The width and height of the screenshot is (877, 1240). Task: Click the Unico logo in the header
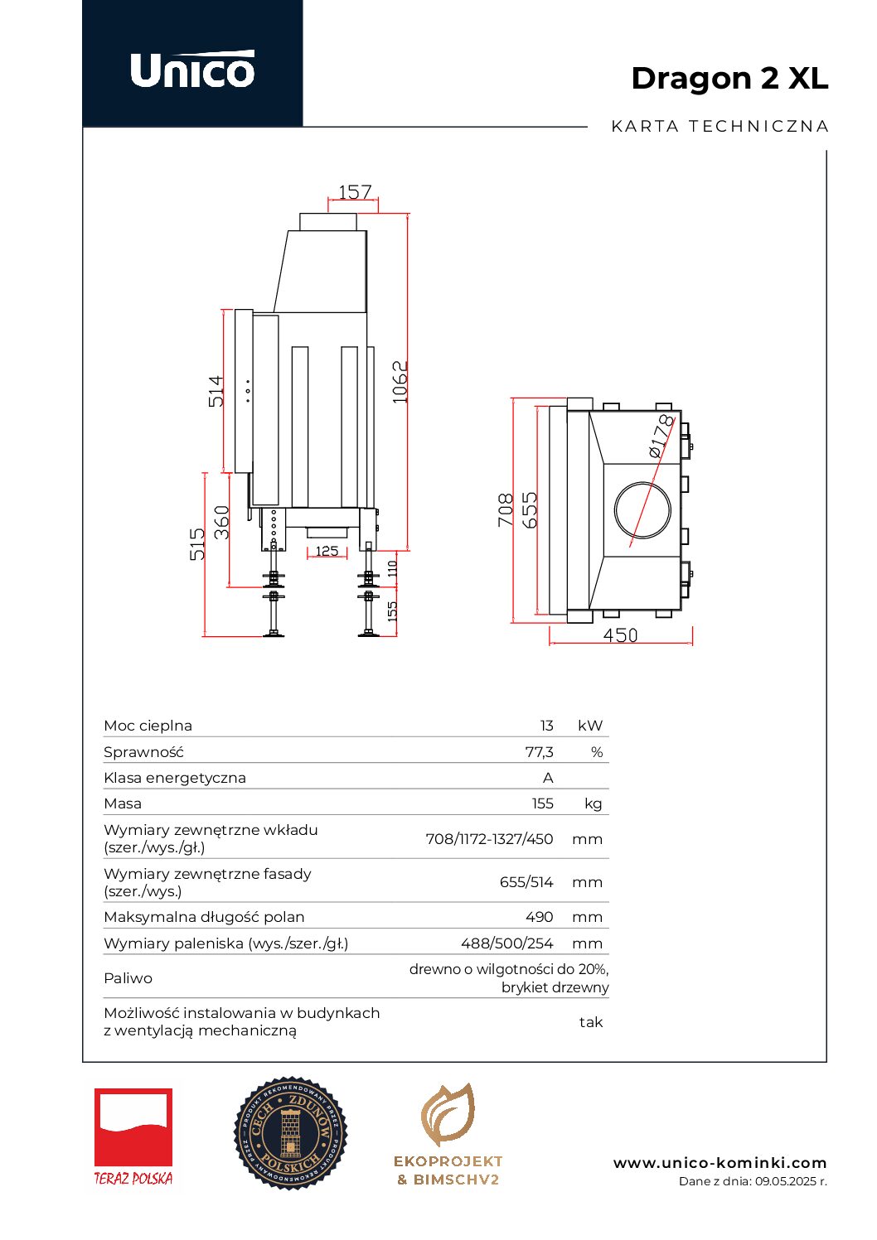tap(192, 70)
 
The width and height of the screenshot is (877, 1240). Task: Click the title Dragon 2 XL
tap(729, 78)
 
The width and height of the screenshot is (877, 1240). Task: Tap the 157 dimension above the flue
tap(355, 192)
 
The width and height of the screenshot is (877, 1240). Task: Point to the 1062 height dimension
tap(400, 382)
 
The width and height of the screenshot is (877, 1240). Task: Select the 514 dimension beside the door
tap(216, 391)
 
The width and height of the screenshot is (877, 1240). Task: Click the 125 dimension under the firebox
tap(327, 551)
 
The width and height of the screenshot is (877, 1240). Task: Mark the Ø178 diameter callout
tap(661, 437)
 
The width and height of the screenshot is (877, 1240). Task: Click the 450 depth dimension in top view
tap(620, 635)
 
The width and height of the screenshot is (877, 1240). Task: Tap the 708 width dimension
tap(506, 510)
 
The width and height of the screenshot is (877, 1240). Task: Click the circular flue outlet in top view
tap(642, 509)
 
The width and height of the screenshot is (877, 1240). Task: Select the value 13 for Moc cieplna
tap(546, 726)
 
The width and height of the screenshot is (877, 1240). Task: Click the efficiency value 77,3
tap(539, 752)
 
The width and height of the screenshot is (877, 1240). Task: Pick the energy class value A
tap(548, 778)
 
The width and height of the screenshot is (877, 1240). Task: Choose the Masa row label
tap(123, 803)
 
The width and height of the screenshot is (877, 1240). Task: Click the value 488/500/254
tap(506, 943)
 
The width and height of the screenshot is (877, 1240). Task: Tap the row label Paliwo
tap(128, 978)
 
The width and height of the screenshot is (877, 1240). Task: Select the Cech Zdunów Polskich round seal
tap(290, 1133)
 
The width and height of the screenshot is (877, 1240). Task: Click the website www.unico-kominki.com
tap(720, 1163)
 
